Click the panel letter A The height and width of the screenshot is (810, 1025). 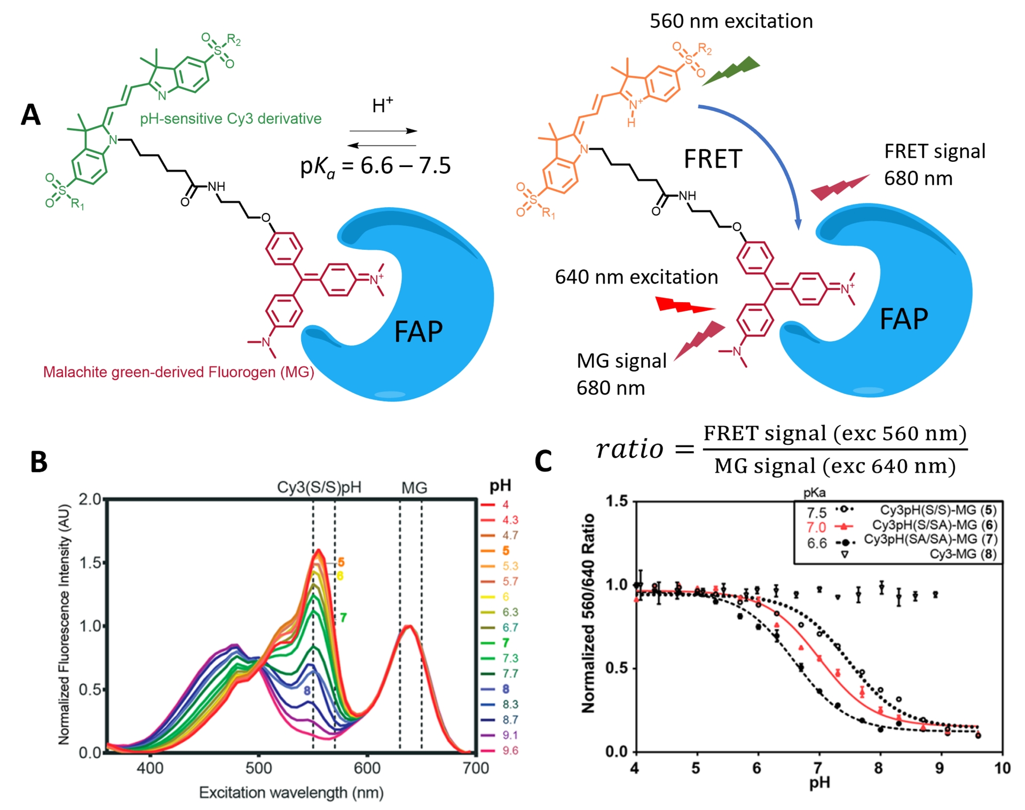30,115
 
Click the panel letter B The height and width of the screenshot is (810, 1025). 38,462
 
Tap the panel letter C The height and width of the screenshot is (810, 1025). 543,462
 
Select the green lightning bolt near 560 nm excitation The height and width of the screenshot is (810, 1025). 731,70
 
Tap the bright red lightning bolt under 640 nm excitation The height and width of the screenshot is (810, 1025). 685,305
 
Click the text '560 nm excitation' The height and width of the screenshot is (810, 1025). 731,21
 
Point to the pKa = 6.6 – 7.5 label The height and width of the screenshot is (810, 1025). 375,166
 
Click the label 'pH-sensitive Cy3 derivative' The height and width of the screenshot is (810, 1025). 231,119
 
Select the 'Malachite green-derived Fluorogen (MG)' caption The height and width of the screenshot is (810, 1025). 178,372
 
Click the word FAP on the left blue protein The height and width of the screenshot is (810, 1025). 418,332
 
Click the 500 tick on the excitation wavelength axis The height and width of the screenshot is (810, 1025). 259,768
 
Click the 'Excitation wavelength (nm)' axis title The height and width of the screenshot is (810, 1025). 291,792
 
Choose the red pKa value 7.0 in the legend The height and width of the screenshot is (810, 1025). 816,528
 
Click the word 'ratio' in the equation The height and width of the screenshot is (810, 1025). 630,449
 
